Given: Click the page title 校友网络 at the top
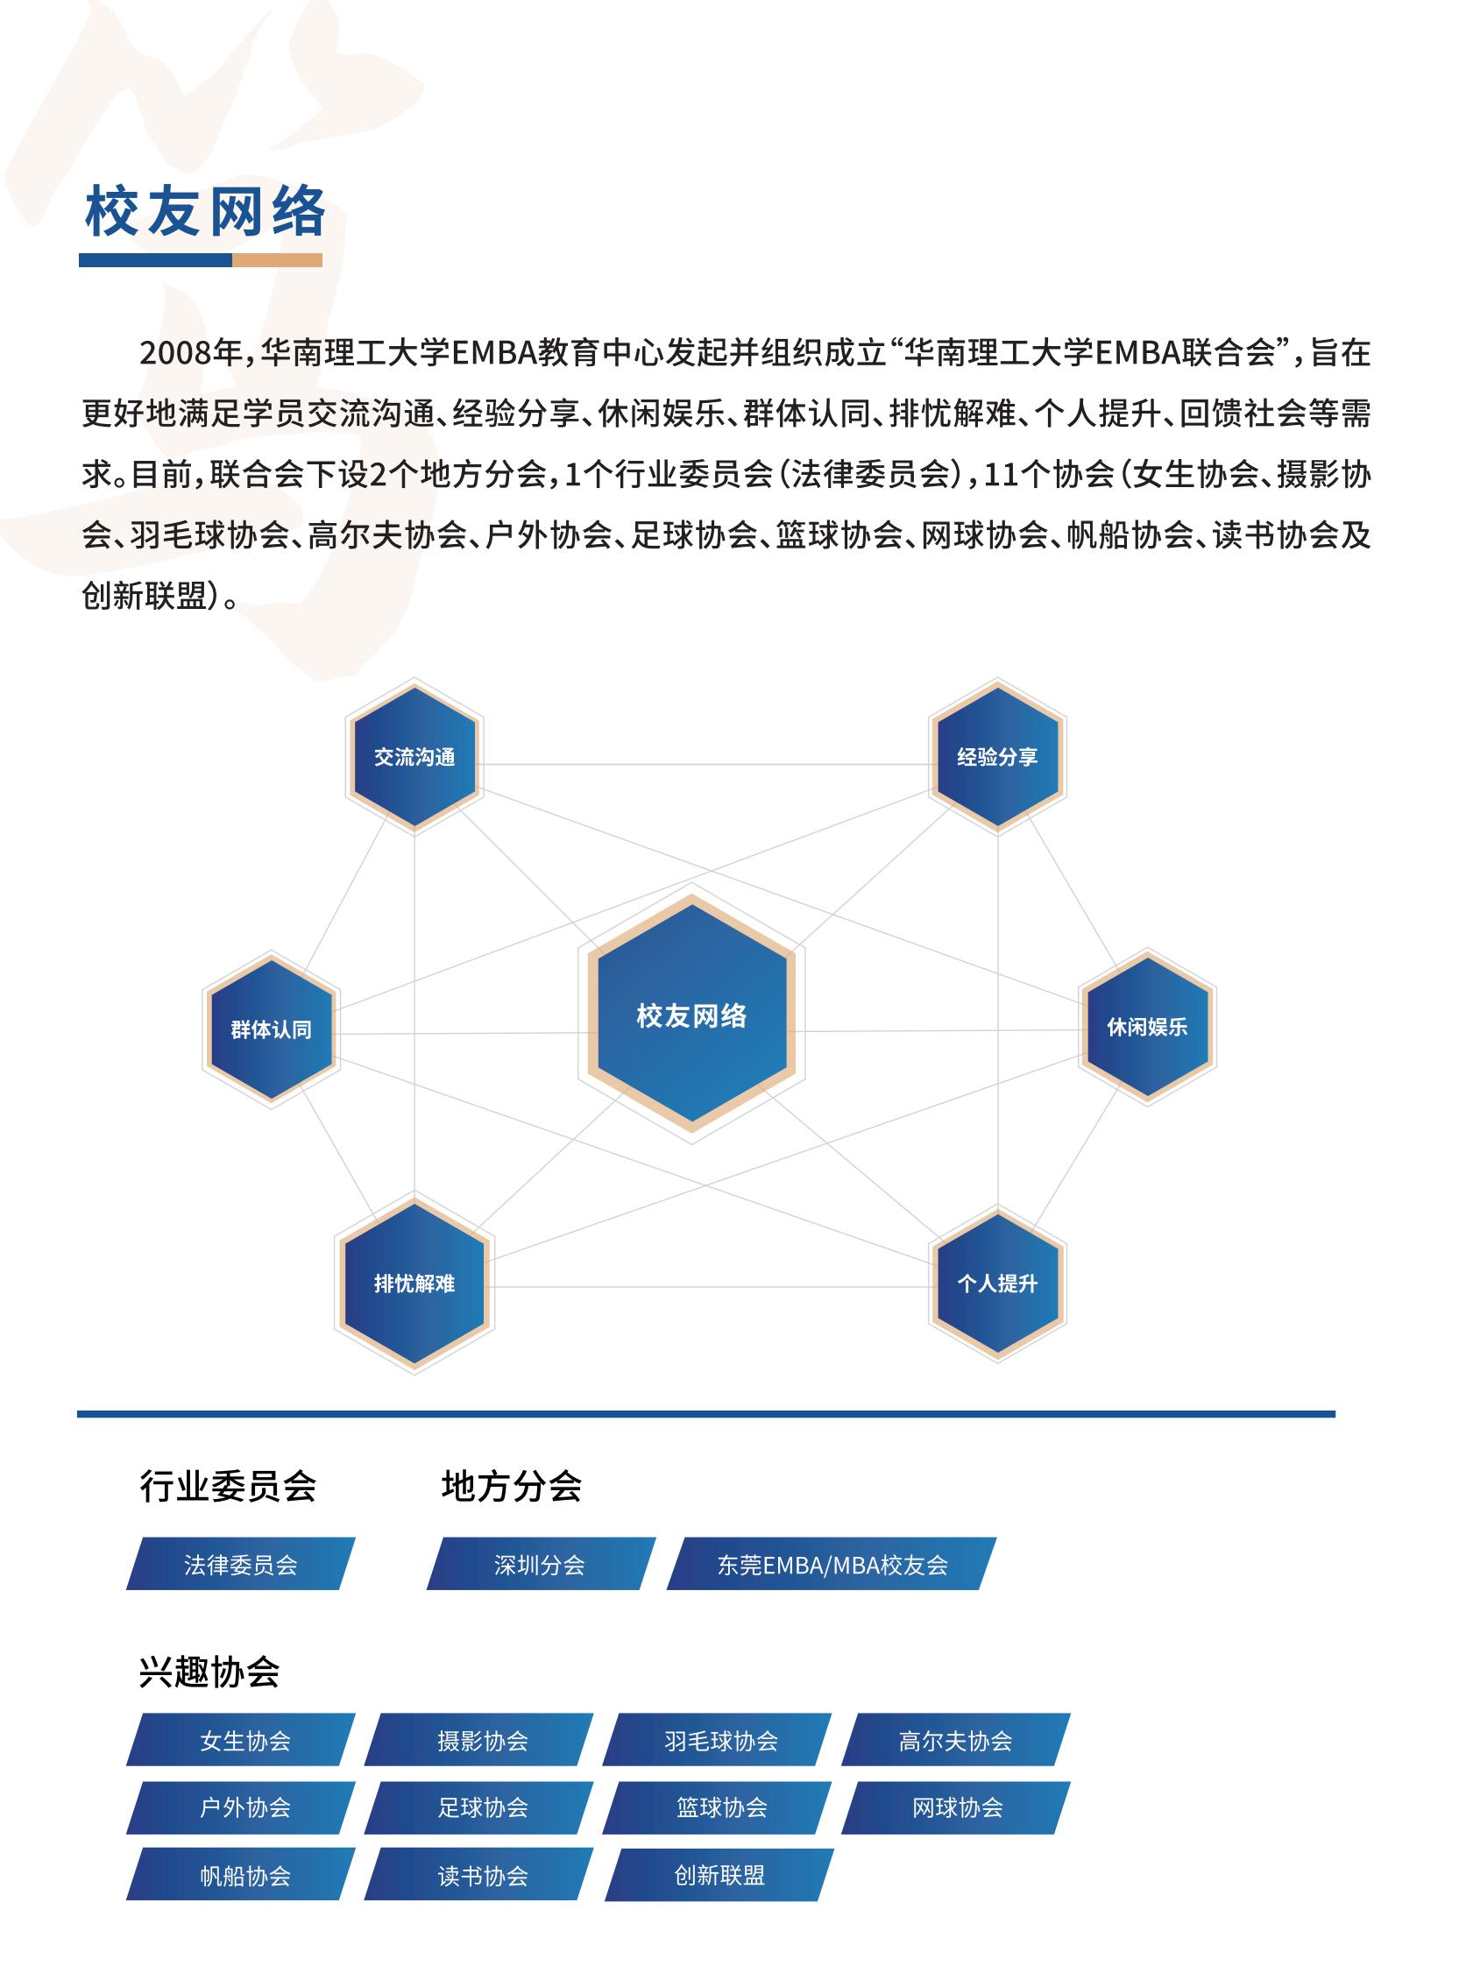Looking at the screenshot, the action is tap(205, 213).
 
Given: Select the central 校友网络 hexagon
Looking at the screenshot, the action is tap(691, 1014).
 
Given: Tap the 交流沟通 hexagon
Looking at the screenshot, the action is tap(414, 757).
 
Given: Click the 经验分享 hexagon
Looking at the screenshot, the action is tap(997, 757).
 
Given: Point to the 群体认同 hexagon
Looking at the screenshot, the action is tap(271, 1029).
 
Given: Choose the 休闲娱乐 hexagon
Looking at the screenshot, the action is tap(1147, 1027).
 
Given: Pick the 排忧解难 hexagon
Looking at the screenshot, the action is tap(414, 1283).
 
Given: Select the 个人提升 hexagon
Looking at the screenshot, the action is tap(997, 1283).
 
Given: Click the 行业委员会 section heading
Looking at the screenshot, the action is tap(228, 1486).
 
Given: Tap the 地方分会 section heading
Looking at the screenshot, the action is tap(512, 1486).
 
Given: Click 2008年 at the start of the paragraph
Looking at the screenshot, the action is tap(191, 353).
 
